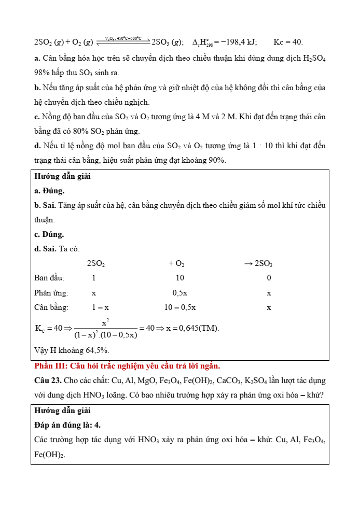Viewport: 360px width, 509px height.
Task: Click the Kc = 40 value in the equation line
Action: (288, 42)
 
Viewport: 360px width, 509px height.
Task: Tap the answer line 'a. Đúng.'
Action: (49, 191)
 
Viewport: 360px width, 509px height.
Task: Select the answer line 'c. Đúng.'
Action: (49, 234)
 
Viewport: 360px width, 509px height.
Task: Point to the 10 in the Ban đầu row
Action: (180, 278)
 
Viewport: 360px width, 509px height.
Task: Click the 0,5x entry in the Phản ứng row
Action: (180, 292)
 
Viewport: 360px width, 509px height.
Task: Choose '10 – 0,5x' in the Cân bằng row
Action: (180, 307)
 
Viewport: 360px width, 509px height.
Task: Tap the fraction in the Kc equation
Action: (105, 328)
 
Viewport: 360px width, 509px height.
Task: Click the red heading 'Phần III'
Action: (47, 366)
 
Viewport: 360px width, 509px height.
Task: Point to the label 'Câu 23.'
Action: (47, 380)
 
